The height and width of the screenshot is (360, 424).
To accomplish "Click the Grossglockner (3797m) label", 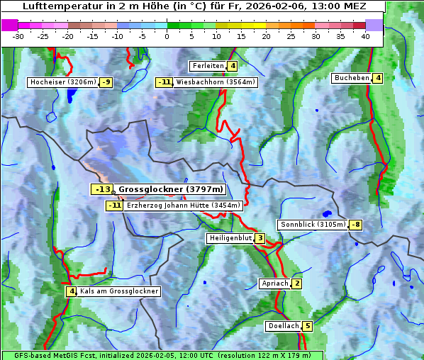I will point(170,189).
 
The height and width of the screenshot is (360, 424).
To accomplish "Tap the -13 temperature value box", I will point(102,189).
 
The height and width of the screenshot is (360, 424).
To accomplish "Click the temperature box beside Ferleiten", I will point(233,66).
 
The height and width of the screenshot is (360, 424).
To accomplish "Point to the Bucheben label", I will point(352,78).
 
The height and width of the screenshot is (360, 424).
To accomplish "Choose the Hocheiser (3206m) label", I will point(62,82).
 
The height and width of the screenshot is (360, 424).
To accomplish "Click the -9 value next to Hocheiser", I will point(106,82).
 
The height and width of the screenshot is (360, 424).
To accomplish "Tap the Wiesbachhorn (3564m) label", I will point(216,82).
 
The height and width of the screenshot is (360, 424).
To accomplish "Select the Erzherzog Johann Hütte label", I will point(184,206).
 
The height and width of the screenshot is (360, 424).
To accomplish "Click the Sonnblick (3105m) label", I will point(313,225).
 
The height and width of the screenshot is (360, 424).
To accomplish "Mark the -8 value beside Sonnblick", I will point(356,225).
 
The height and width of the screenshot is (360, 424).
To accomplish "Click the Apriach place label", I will point(274,283).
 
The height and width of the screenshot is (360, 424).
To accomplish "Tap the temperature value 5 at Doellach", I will point(307,326).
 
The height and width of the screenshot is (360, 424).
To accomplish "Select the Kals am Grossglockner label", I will point(118,291).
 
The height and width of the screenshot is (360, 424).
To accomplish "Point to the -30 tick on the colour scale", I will point(18,36).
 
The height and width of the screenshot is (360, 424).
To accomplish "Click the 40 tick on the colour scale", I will point(365,36).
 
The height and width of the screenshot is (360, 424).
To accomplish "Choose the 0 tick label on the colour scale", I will point(167,36).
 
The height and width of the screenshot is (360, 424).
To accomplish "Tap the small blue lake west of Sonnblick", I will point(326,213).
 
